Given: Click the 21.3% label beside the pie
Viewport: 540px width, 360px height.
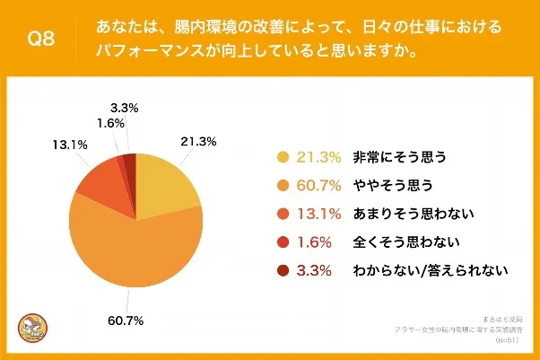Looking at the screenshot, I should click(x=200, y=141).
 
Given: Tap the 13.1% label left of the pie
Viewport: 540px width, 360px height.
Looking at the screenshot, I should click(x=57, y=143).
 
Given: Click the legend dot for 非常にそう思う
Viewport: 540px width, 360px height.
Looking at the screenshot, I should click(x=283, y=157).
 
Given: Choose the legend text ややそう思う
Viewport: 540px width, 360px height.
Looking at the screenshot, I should click(x=394, y=185).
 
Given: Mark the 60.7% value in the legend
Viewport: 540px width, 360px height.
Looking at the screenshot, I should click(x=318, y=185).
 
